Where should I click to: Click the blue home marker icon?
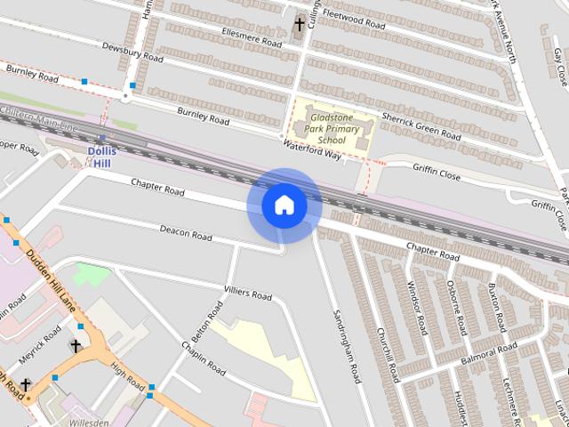coord(284,205)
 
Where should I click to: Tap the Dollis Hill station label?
coord(103,157)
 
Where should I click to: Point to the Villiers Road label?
coord(248,293)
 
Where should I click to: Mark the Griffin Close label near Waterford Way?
coord(436,172)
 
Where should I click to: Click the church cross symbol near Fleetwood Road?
coord(300,25)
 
